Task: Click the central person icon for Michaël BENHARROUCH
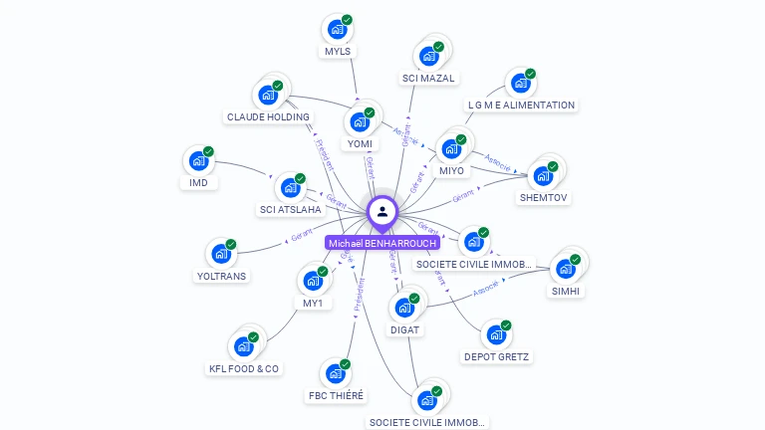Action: point(382,211)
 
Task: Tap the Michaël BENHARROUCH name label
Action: point(382,243)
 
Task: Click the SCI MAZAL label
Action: point(428,78)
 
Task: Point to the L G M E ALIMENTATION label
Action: point(521,105)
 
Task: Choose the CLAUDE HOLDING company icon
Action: point(267,95)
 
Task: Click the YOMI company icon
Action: point(360,122)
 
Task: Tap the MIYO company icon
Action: point(451,148)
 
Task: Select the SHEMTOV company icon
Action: point(544,175)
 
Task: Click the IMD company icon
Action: point(198,160)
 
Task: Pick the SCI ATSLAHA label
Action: point(290,209)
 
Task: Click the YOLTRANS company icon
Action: point(221,254)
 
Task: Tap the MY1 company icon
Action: point(313,281)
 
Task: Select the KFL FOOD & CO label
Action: point(244,368)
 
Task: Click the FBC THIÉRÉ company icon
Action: point(337,373)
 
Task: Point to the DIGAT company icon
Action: point(405,308)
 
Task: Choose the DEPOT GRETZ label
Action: point(497,356)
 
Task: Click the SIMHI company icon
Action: point(566,269)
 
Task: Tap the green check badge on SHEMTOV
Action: point(553,166)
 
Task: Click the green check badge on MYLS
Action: point(347,20)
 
